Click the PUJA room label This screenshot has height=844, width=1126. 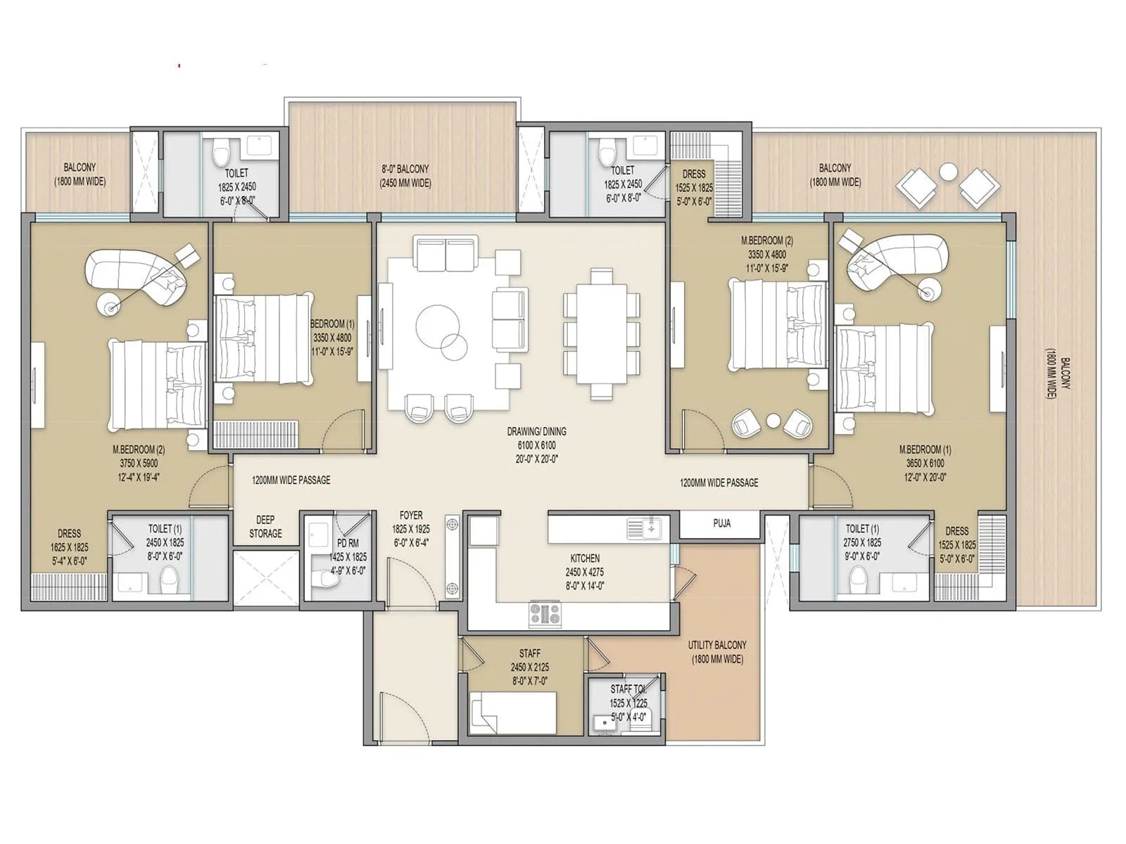point(721,523)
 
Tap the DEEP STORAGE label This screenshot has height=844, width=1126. point(265,527)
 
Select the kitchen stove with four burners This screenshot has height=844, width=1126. point(545,614)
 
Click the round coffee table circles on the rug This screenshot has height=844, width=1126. point(443,331)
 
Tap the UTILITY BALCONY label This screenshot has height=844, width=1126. point(717,652)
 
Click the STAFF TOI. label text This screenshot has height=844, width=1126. point(628,689)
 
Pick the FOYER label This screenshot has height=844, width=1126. point(411,516)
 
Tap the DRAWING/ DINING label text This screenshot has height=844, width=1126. point(536,431)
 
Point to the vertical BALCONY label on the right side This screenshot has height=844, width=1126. point(1063,373)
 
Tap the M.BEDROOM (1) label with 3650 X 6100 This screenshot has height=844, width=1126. point(925,449)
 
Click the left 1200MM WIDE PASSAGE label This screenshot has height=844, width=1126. point(291,480)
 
